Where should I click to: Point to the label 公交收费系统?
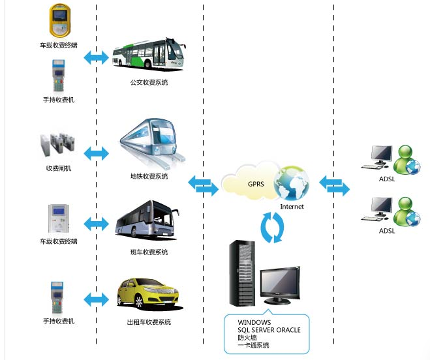(149, 83)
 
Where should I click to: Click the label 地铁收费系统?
(149, 177)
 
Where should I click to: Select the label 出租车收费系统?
(149, 322)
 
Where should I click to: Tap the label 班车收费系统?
(149, 252)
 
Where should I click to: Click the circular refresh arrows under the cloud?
(273, 226)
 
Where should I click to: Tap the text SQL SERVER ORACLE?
(269, 331)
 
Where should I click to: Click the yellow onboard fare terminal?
(59, 22)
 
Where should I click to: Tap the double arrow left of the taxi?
(97, 299)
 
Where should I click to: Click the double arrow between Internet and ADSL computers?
(334, 185)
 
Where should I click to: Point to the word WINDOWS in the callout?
(254, 323)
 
